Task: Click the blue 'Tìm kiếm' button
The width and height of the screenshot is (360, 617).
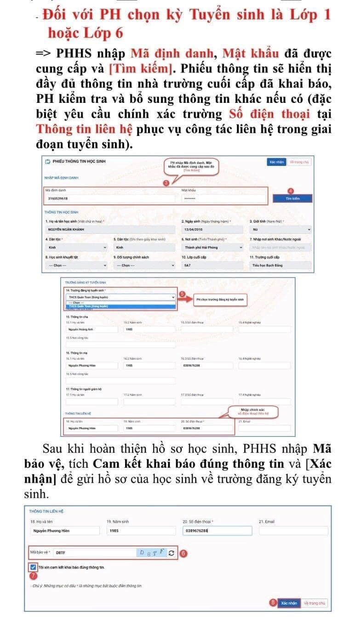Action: [292, 198]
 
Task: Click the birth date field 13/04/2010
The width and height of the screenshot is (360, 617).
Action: [211, 229]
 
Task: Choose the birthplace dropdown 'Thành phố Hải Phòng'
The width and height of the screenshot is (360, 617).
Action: [211, 247]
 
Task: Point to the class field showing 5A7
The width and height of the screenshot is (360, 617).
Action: [211, 266]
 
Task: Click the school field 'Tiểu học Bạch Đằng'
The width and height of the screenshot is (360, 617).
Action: [280, 266]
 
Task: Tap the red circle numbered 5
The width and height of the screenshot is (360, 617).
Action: [181, 294]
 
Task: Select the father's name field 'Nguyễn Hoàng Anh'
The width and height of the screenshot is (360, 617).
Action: [91, 329]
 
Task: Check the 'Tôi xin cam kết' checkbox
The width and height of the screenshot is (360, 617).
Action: [33, 567]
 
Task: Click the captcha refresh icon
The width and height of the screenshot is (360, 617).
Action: [172, 553]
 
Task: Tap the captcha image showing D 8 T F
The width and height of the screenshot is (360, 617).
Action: [152, 552]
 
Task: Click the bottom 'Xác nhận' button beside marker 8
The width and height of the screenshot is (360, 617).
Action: [289, 603]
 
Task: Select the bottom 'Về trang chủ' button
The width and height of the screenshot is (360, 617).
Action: [314, 603]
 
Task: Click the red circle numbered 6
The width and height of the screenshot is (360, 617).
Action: [183, 553]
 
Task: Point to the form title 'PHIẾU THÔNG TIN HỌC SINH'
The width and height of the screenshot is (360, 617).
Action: [79, 162]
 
